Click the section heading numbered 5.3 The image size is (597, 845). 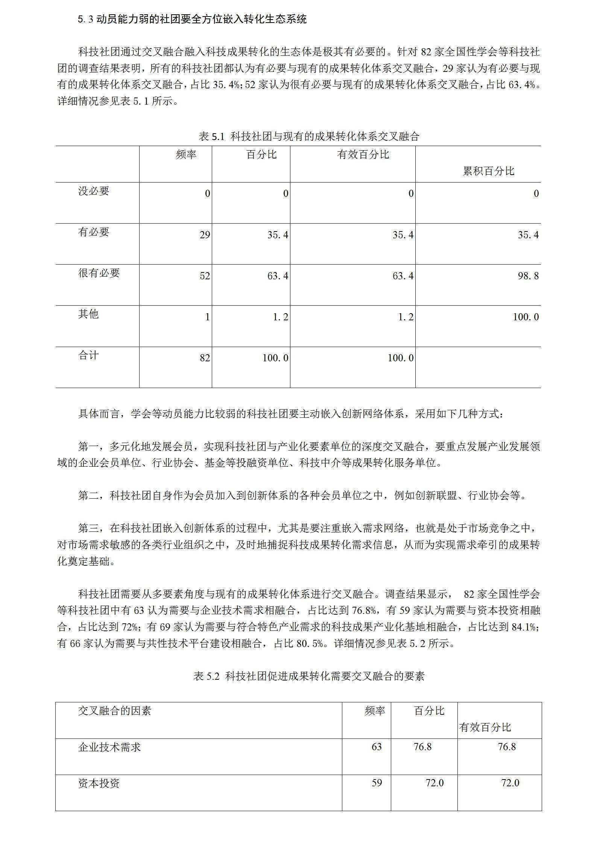click(192, 19)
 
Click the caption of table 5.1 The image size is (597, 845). click(308, 136)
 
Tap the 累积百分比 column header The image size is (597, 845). click(488, 171)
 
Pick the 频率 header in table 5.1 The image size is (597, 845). click(186, 154)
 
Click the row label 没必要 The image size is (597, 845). click(94, 191)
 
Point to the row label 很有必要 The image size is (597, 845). click(99, 273)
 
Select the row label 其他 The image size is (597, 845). click(88, 314)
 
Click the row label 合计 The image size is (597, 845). click(88, 355)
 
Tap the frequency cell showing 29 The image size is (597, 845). click(205, 235)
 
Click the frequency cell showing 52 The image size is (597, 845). click(205, 276)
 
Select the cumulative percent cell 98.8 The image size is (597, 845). click(528, 276)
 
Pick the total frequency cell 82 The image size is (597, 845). click(205, 358)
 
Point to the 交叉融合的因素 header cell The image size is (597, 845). click(114, 711)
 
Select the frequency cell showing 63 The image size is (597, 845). click(377, 747)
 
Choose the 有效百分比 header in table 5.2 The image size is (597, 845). click(485, 727)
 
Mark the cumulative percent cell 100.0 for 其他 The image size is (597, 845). click(526, 317)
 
